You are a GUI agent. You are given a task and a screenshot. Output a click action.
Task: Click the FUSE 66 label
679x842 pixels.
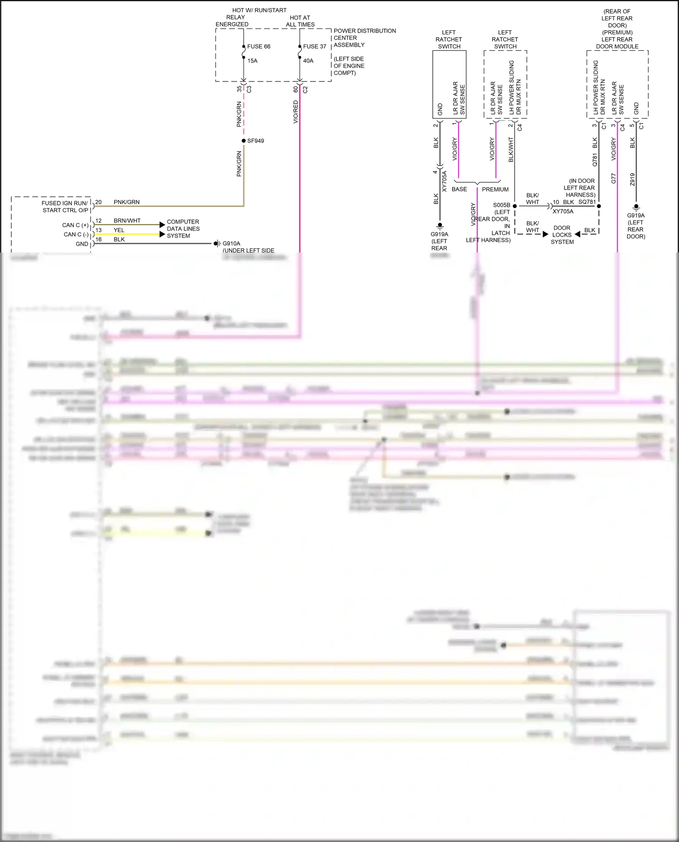(258, 47)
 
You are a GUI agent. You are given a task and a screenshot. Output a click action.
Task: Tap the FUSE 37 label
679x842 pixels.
(315, 47)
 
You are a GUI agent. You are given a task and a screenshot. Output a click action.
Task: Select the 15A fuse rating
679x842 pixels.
(252, 61)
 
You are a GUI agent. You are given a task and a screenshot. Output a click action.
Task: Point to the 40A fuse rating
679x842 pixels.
(308, 61)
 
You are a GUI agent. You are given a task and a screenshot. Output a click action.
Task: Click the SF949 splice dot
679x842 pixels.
(244, 141)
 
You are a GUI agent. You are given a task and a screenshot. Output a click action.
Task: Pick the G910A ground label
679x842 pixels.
(231, 243)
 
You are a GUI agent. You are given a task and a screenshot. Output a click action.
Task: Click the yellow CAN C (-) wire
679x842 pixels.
(136, 234)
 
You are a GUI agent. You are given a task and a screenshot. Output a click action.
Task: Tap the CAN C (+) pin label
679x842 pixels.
(75, 225)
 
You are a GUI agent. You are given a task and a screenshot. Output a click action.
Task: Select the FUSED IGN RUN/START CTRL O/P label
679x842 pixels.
(65, 207)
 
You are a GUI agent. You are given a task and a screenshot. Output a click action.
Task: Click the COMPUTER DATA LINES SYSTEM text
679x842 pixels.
(183, 229)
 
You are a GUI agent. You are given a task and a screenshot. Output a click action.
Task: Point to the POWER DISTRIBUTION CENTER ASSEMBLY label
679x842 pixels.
(364, 38)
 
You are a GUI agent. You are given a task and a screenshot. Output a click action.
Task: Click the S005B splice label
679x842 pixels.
(502, 205)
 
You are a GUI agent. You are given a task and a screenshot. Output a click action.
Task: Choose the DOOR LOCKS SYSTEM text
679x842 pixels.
(562, 235)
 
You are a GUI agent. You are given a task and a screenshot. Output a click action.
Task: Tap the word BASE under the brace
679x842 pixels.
(459, 190)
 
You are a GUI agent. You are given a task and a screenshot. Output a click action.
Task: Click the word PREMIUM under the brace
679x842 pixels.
(495, 190)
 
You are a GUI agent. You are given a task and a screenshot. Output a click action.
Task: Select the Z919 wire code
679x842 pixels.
(632, 179)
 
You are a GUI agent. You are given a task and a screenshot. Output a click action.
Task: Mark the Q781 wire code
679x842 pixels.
(595, 159)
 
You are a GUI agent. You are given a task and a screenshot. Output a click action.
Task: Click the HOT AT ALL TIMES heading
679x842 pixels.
(300, 21)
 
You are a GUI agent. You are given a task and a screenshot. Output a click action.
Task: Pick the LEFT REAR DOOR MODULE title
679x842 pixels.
(617, 43)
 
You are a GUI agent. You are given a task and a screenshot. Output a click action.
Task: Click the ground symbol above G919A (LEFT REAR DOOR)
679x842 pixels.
(636, 208)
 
